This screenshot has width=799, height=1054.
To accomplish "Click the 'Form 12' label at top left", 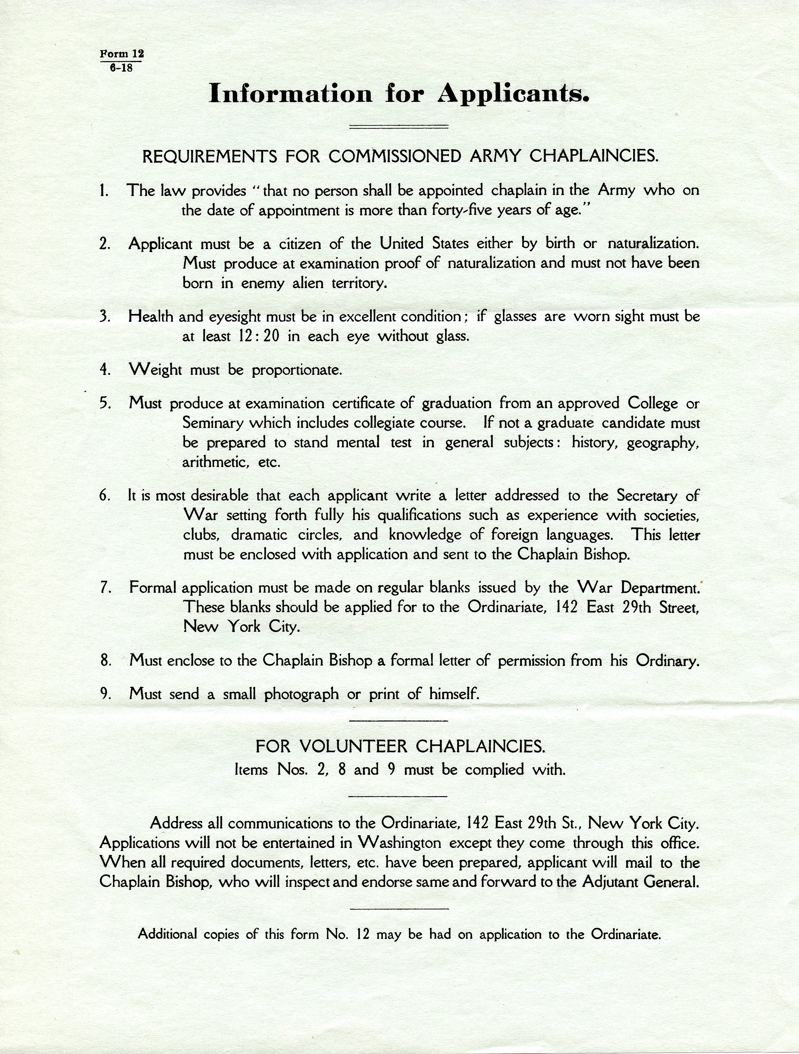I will (x=121, y=53).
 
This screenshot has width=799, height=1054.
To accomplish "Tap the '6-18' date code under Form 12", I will (x=121, y=68).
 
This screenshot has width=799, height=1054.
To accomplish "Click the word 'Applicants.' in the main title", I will (x=513, y=93).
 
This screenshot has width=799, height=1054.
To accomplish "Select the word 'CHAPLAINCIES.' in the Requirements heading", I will (x=594, y=156).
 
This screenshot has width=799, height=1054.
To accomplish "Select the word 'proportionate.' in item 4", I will (x=296, y=370).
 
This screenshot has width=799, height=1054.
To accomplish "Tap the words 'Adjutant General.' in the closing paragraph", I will (x=640, y=882).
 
